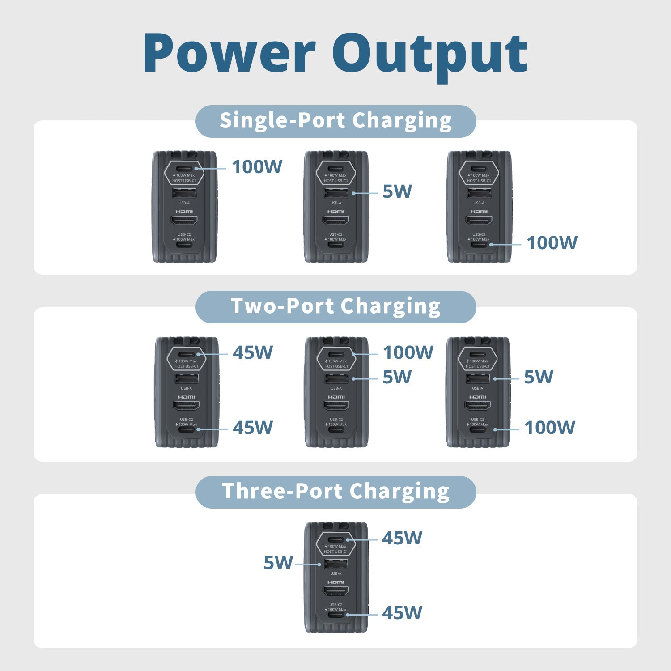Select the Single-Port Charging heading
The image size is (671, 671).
click(335, 121)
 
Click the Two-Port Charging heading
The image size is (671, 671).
click(335, 306)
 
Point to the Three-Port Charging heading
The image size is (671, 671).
click(335, 492)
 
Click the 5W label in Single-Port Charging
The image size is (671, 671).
click(397, 191)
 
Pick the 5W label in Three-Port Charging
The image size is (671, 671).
click(278, 563)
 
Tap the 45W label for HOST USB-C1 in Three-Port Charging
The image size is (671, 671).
click(402, 538)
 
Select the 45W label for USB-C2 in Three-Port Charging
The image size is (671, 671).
click(402, 613)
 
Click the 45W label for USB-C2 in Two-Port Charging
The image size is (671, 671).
click(252, 428)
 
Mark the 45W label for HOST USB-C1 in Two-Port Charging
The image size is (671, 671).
click(252, 352)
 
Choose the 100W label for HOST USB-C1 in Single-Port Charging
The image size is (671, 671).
click(257, 167)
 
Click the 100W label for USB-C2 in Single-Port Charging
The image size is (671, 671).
click(552, 243)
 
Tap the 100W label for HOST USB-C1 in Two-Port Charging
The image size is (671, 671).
click(408, 352)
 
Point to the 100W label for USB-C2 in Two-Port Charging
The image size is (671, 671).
click(549, 428)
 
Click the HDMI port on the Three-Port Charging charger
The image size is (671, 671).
click(336, 591)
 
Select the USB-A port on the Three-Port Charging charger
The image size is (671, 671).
click(336, 564)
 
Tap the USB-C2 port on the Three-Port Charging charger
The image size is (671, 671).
click(336, 615)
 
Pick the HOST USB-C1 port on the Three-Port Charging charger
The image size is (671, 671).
click(336, 540)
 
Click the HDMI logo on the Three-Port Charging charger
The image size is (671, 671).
click(336, 582)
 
